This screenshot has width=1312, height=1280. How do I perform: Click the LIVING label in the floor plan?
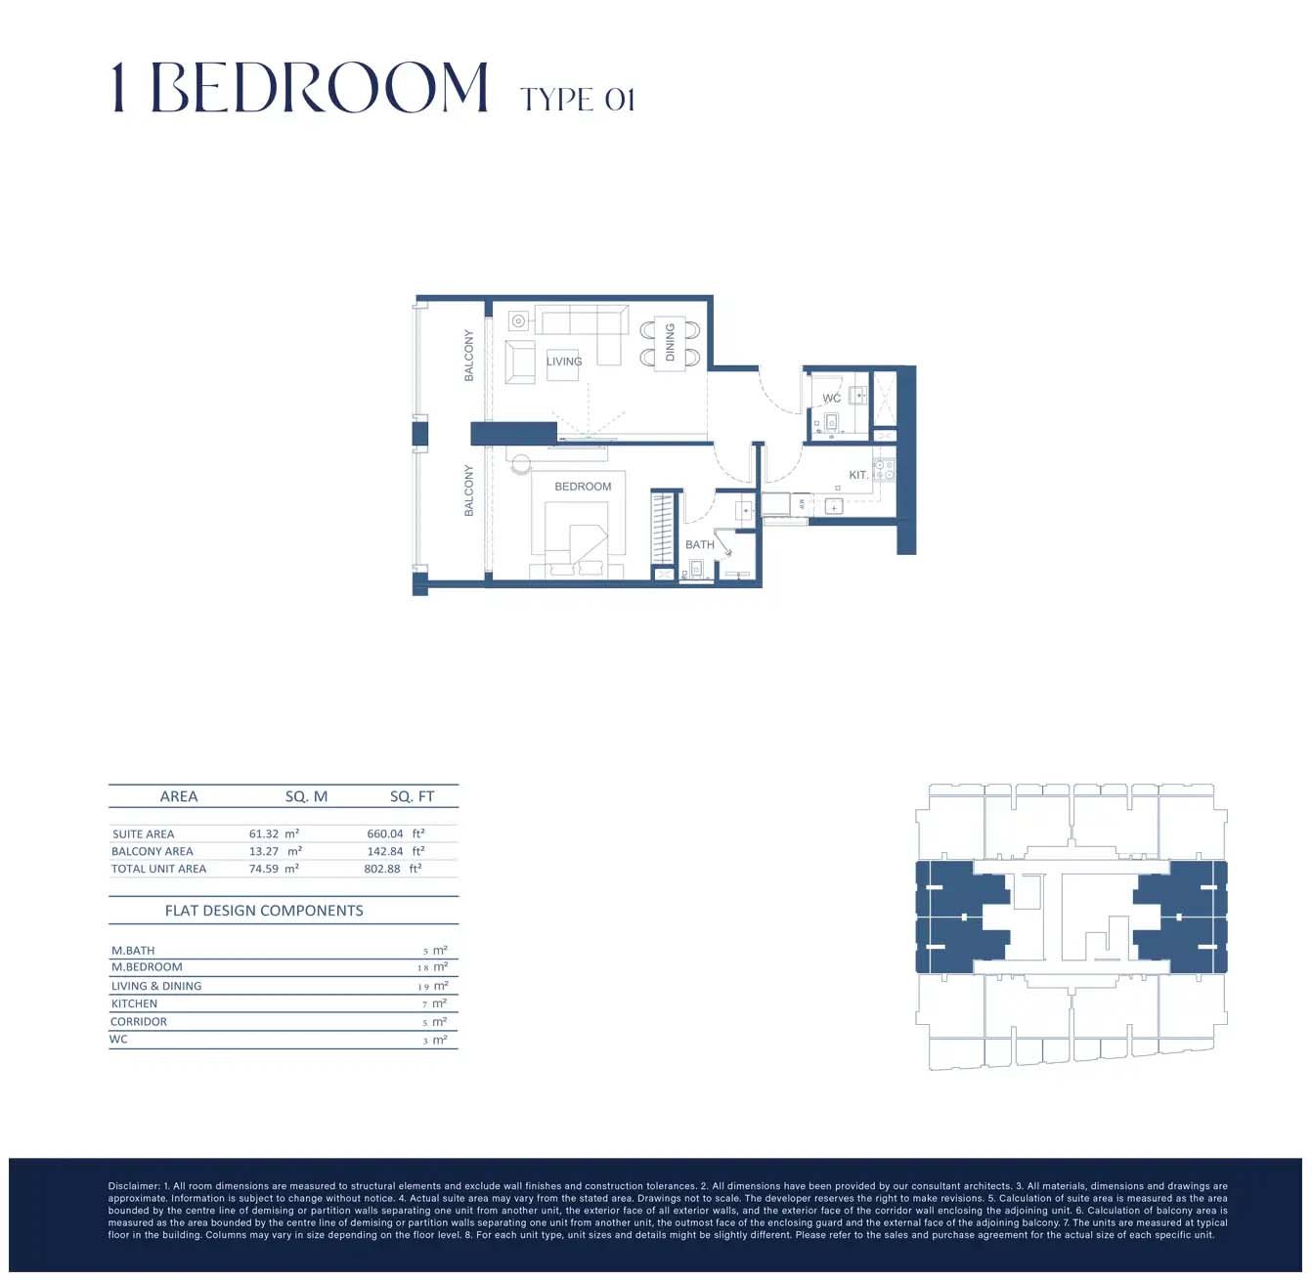(564, 362)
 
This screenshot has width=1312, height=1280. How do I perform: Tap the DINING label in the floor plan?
(670, 342)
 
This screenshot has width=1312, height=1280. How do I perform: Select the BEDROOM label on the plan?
(583, 487)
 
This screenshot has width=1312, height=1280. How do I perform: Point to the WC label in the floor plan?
(831, 399)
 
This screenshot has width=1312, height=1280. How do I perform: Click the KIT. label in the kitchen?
(858, 475)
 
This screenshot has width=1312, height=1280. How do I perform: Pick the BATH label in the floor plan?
(699, 545)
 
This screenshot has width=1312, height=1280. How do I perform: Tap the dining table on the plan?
(671, 343)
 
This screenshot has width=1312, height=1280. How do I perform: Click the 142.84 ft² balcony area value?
(395, 852)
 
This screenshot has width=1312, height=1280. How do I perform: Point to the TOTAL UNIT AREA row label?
(158, 869)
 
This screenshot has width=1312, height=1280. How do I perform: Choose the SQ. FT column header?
(412, 797)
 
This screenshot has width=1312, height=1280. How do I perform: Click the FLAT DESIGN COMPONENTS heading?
(264, 911)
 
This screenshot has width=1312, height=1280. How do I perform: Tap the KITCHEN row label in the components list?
(134, 1004)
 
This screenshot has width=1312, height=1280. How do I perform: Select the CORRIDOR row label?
(139, 1022)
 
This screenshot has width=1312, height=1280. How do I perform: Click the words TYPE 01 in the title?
(578, 100)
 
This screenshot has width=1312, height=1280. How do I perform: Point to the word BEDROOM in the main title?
(319, 88)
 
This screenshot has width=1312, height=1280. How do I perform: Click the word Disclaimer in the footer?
(133, 1186)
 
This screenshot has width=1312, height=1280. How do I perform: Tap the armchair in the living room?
(520, 363)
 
